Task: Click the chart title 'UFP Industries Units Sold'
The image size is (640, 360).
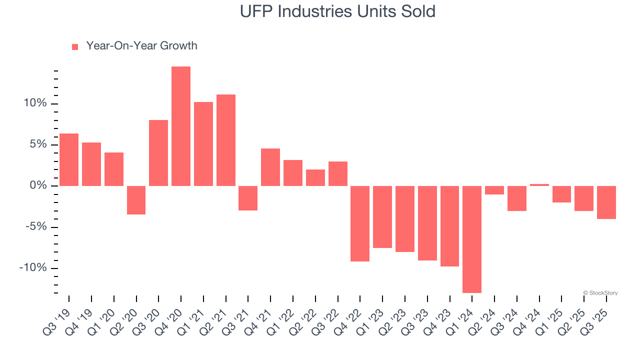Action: tap(337, 11)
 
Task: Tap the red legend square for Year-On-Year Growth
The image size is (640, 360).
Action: tap(75, 46)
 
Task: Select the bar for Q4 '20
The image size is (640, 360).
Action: tap(181, 126)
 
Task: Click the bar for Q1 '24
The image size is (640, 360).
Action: tap(472, 239)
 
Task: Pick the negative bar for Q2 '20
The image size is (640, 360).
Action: tap(136, 200)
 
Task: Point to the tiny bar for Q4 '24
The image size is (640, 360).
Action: tap(539, 185)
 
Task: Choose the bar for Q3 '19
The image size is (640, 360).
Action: tap(69, 159)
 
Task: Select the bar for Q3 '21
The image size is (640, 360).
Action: tap(248, 198)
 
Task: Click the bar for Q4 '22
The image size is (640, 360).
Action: tap(360, 223)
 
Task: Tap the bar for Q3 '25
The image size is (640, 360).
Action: tap(606, 202)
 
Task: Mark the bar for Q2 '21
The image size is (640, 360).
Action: tap(226, 140)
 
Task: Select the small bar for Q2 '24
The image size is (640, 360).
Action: tap(494, 190)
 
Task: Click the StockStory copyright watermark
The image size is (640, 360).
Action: tap(600, 293)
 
